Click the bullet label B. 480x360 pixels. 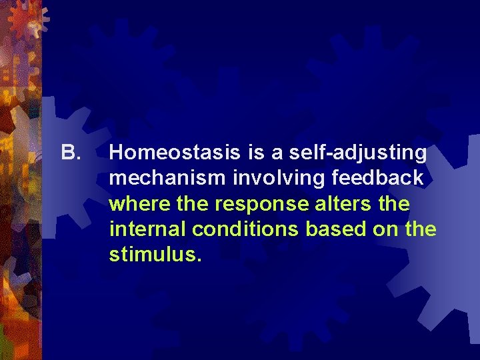[x=70, y=153]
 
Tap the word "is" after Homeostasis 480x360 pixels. [x=256, y=153]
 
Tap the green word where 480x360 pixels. [x=135, y=204]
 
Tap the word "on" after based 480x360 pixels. [x=381, y=229]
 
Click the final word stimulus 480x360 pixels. [x=155, y=255]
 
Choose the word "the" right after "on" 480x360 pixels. [x=420, y=229]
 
